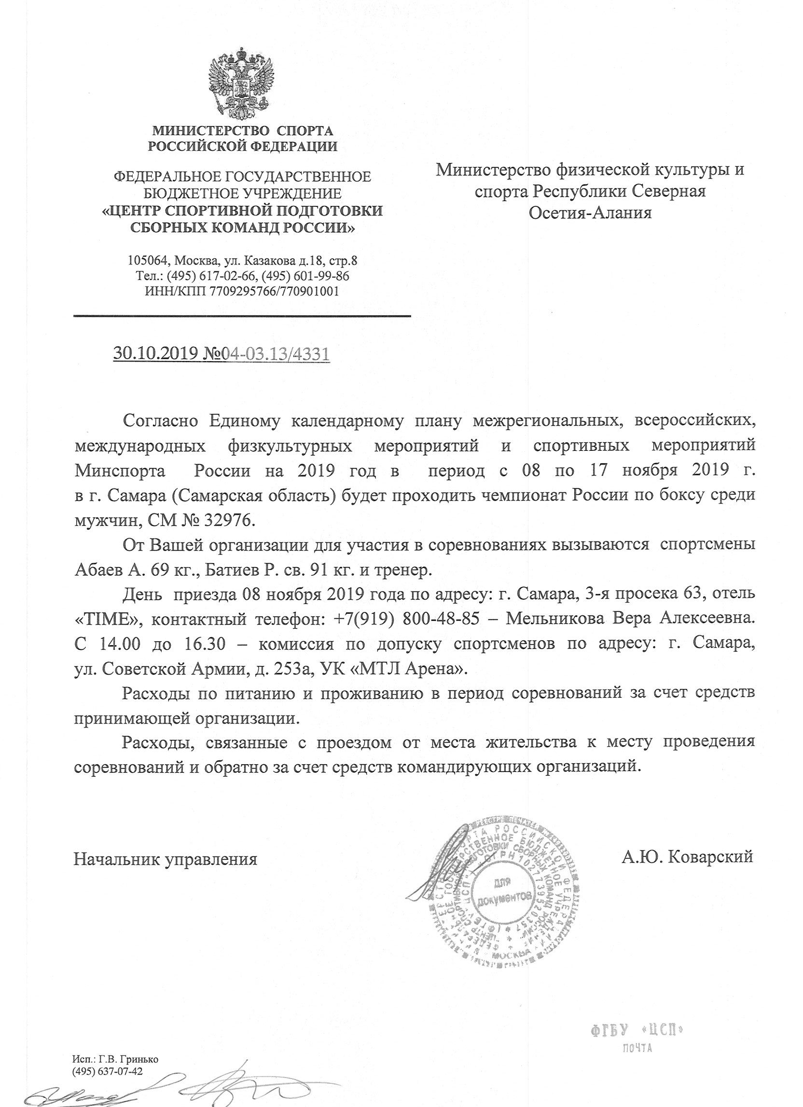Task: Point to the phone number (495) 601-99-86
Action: click(305, 276)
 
